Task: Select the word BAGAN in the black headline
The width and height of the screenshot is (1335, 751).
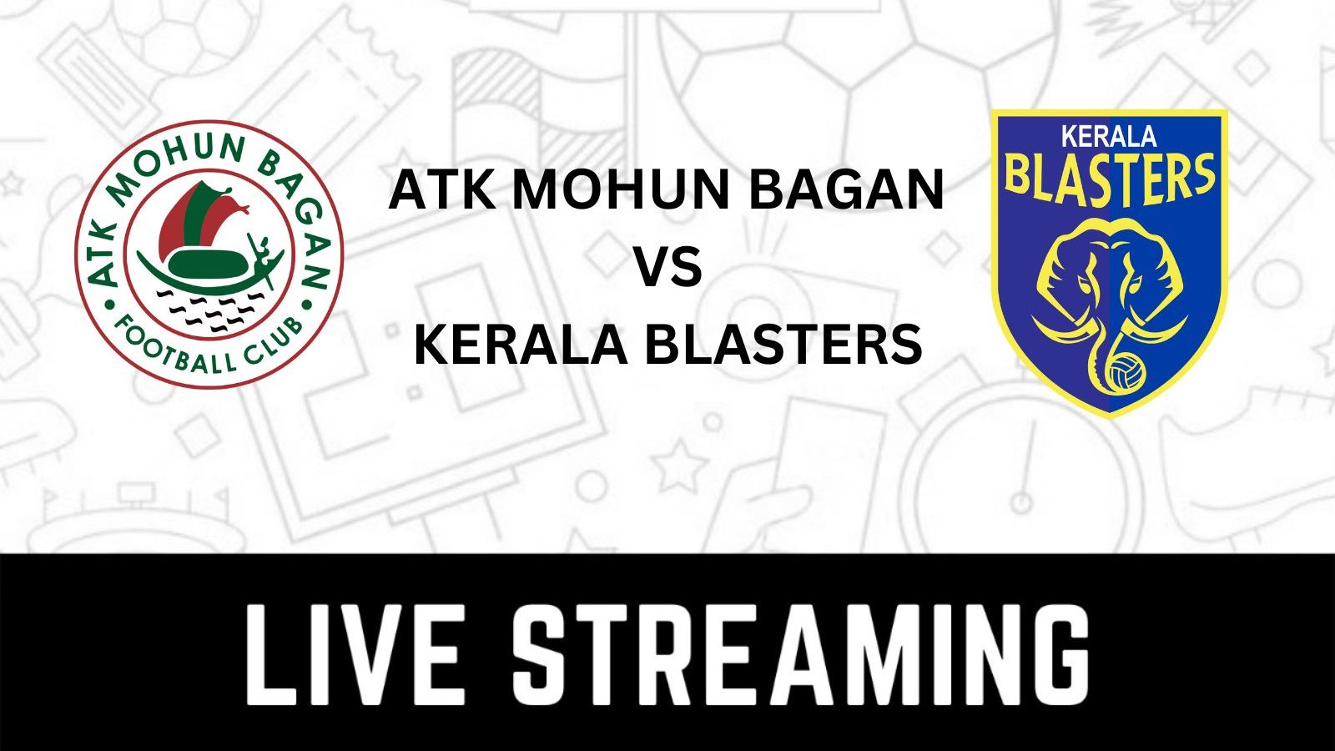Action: [x=846, y=190]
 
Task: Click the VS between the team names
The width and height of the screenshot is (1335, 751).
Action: [x=667, y=269]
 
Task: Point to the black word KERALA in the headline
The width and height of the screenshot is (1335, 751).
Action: [x=520, y=345]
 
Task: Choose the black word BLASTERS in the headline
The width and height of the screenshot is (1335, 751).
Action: [x=783, y=345]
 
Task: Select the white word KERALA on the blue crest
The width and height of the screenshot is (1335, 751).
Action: [x=1108, y=136]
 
